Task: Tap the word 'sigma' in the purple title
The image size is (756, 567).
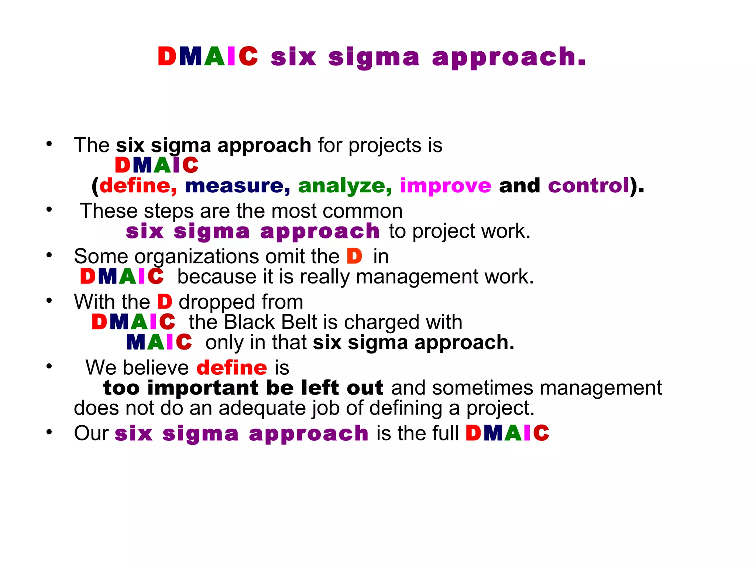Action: click(374, 58)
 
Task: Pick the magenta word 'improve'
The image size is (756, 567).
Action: click(446, 186)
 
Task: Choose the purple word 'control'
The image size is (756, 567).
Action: click(588, 185)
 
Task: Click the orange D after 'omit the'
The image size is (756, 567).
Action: click(354, 256)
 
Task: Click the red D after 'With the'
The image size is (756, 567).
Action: click(165, 302)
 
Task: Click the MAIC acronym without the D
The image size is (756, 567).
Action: click(159, 342)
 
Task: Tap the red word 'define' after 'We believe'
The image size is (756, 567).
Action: click(231, 368)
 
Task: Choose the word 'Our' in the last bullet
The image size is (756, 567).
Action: click(91, 433)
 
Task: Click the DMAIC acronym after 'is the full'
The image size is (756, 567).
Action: click(507, 433)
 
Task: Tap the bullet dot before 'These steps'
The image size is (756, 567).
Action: click(49, 210)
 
